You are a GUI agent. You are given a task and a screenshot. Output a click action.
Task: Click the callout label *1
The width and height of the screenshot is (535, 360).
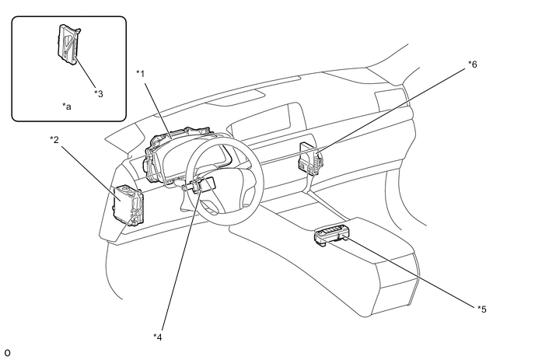(141, 73)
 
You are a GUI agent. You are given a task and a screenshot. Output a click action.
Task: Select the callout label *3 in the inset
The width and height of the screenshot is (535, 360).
(98, 93)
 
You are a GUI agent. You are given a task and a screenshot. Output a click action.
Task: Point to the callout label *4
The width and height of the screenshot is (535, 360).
(158, 337)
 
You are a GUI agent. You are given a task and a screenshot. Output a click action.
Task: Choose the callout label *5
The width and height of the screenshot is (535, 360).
(482, 309)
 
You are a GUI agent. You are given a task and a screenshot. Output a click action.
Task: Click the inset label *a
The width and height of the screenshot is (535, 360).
(67, 106)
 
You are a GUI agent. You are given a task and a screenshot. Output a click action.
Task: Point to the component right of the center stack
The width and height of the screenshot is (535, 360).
(309, 160)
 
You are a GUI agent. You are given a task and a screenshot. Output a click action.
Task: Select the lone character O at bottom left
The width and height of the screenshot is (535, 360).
(7, 353)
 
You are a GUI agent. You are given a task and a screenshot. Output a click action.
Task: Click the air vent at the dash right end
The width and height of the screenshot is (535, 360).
(386, 100)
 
